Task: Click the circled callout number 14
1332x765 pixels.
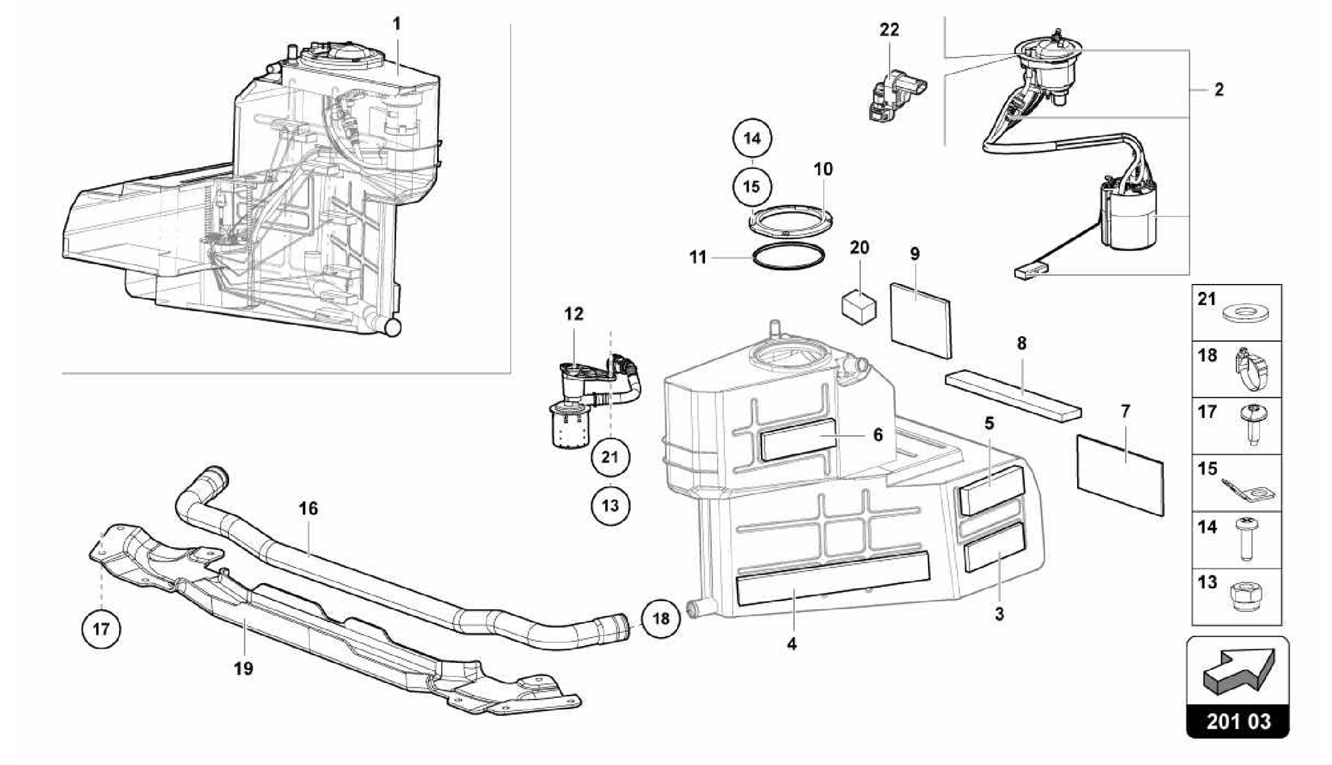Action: click(752, 138)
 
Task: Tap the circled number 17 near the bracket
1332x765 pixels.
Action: click(101, 629)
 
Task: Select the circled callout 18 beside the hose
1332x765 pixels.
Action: click(661, 618)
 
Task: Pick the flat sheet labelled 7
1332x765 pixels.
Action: click(1120, 474)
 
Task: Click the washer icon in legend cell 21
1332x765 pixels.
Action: click(1245, 314)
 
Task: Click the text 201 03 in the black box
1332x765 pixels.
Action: click(1238, 721)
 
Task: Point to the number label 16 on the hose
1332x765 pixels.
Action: click(308, 508)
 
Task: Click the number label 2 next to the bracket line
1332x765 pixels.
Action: click(1218, 90)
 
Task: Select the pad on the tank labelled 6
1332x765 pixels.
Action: click(798, 440)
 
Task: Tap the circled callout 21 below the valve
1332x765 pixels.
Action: click(609, 457)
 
